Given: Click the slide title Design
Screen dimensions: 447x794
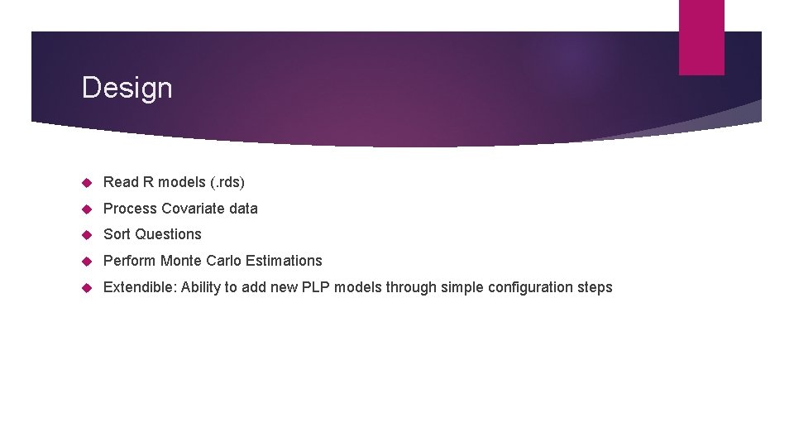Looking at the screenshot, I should point(127,88).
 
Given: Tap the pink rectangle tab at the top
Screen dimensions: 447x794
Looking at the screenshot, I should point(701,37).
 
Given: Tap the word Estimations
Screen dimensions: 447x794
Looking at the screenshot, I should point(285,261).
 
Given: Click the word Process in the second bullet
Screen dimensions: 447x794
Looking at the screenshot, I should point(130,209).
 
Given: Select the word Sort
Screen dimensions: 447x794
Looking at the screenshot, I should point(117,234).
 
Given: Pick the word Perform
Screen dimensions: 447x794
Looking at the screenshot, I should point(129,261).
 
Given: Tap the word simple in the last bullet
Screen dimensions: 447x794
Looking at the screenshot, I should point(462,287).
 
